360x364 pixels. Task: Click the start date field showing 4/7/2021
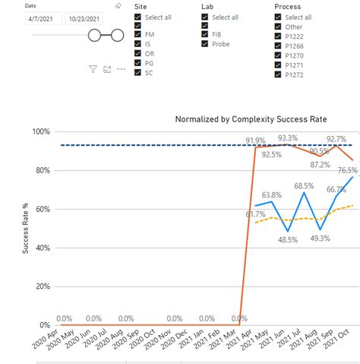[x=43, y=19]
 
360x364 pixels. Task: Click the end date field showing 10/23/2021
[x=85, y=19]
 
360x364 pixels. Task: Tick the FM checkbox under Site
[x=137, y=35]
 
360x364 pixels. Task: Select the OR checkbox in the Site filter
[x=137, y=54]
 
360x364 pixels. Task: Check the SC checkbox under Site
[x=137, y=72]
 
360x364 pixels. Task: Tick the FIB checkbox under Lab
[x=206, y=35]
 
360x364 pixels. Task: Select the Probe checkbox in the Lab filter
[x=206, y=44]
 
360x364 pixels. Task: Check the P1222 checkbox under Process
[x=277, y=35]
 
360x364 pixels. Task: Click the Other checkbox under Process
[x=277, y=26]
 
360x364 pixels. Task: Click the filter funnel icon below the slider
[x=93, y=69]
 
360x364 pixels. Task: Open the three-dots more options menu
[x=121, y=69]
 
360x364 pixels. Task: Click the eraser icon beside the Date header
[x=118, y=6]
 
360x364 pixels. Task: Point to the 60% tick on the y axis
[x=41, y=209]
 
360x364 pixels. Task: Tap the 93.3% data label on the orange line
[x=288, y=138]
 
